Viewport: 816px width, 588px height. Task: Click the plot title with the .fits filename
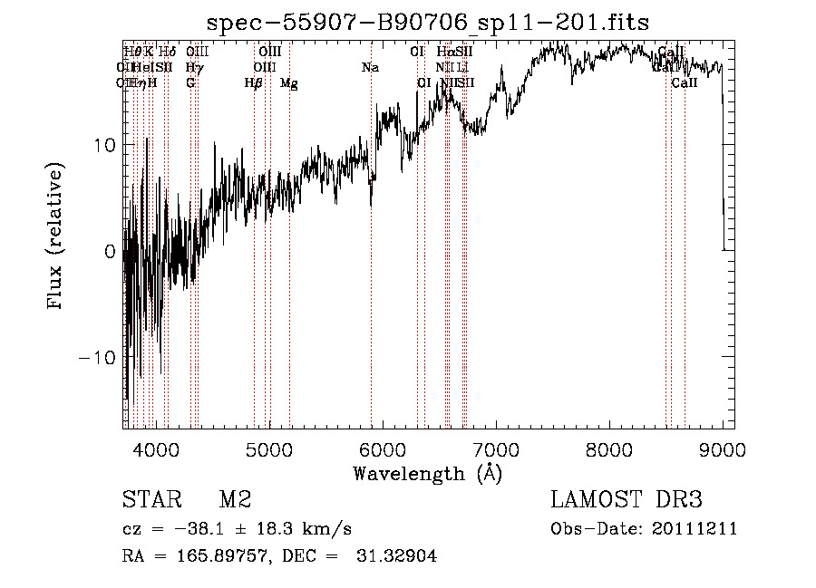(429, 23)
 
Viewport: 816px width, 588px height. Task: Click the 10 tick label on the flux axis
(104, 145)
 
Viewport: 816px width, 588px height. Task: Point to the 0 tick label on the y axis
(111, 251)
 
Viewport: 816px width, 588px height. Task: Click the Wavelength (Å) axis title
(427, 473)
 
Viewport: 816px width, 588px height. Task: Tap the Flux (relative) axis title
(56, 236)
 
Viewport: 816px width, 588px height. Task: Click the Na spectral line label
(370, 68)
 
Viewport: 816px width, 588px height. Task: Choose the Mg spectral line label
(289, 83)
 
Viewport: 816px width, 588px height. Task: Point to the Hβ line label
(254, 83)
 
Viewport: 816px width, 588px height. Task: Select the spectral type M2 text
(235, 500)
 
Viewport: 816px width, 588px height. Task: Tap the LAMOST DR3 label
(627, 500)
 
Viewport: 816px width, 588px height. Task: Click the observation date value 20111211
(695, 529)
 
